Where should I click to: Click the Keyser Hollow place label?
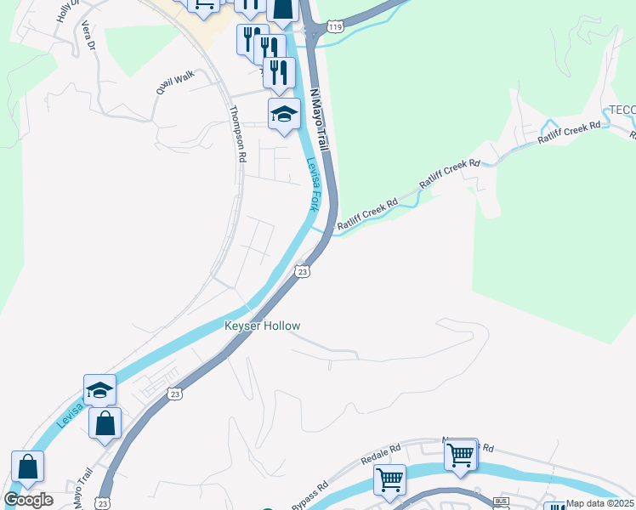coord(262,326)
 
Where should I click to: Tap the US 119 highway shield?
coord(338,27)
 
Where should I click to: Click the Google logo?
coord(28,500)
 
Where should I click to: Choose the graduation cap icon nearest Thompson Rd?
coord(284,114)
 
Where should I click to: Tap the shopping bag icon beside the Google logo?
coord(27,467)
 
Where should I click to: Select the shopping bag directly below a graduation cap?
coord(105,422)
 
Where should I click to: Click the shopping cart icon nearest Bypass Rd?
coord(389,479)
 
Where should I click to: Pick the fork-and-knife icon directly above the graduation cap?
coord(279,72)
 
